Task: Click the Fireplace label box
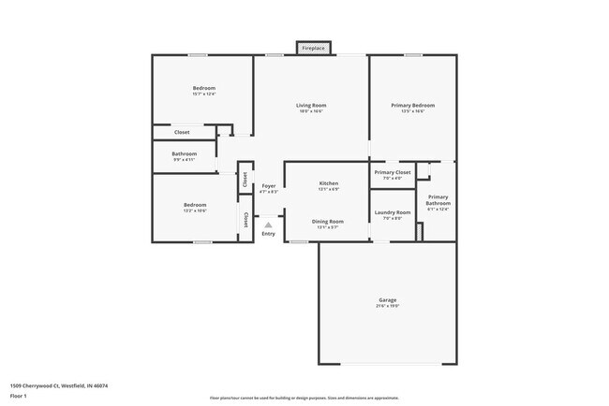(x=314, y=48)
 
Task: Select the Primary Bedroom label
(x=412, y=106)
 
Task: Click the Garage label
(x=388, y=299)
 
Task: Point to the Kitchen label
(x=328, y=183)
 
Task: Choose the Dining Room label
(x=328, y=221)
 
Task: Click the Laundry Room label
(x=393, y=212)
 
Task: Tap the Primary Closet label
(x=393, y=172)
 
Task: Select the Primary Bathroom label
(x=438, y=200)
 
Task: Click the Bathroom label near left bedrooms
(x=184, y=153)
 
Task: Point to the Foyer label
(x=269, y=186)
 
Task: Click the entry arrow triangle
(x=269, y=225)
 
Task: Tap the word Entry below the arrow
(x=269, y=234)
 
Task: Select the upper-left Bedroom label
(x=203, y=88)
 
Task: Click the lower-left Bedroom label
(x=195, y=205)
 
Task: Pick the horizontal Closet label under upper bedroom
(x=182, y=132)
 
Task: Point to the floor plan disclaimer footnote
(x=304, y=398)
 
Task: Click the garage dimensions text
(x=388, y=306)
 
